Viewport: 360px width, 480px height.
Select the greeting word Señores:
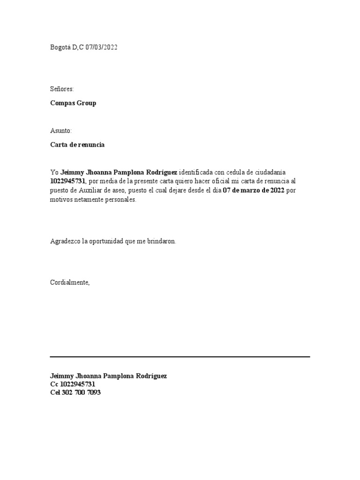click(x=62, y=89)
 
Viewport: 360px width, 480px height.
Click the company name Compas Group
click(x=73, y=103)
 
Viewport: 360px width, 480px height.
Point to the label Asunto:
click(x=61, y=131)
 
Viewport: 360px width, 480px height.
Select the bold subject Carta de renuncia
click(x=77, y=145)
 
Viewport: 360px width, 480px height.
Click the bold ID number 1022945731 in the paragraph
click(x=68, y=181)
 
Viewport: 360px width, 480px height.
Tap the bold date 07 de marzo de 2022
click(x=253, y=190)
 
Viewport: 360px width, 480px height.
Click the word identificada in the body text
click(x=196, y=172)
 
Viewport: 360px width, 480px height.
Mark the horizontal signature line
click(x=180, y=357)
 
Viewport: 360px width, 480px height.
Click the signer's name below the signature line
click(x=108, y=376)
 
